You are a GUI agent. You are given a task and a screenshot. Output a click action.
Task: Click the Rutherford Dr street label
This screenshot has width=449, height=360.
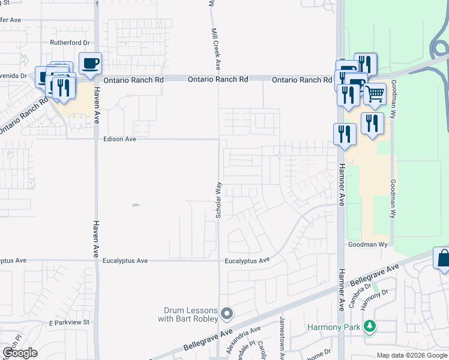70,43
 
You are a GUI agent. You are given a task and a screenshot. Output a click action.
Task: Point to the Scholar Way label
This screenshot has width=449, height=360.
219,199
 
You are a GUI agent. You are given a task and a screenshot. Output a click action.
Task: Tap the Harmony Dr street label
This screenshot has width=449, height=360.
376,295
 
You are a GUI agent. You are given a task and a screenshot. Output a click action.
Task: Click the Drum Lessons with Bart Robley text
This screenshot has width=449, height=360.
190,314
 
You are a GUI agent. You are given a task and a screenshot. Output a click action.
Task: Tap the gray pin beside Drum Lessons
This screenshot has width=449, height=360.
227,314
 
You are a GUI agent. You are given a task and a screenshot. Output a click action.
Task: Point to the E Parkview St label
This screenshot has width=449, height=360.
69,322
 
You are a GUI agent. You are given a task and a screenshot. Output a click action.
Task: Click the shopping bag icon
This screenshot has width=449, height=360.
443,258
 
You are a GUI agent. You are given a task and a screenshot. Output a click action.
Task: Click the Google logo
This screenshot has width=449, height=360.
20,353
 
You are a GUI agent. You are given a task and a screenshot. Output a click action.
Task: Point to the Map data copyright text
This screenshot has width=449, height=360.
412,355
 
